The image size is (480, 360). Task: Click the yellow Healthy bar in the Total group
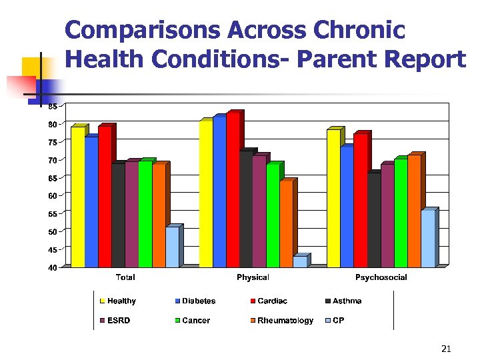(77, 197)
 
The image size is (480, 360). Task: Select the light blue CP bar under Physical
(299, 261)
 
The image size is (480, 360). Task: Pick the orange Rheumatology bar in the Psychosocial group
(414, 211)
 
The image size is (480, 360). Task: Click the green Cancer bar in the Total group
(145, 213)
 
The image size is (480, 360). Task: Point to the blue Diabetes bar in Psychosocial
(347, 207)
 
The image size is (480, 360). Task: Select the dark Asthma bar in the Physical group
(246, 209)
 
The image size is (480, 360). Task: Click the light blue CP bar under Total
(172, 247)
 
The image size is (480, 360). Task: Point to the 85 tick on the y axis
(52, 106)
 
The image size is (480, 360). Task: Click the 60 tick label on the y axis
(52, 196)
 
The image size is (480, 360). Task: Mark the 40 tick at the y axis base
(52, 267)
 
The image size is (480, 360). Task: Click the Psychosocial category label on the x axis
(381, 277)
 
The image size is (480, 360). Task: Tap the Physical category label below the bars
(253, 277)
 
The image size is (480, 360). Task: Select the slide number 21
(447, 349)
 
